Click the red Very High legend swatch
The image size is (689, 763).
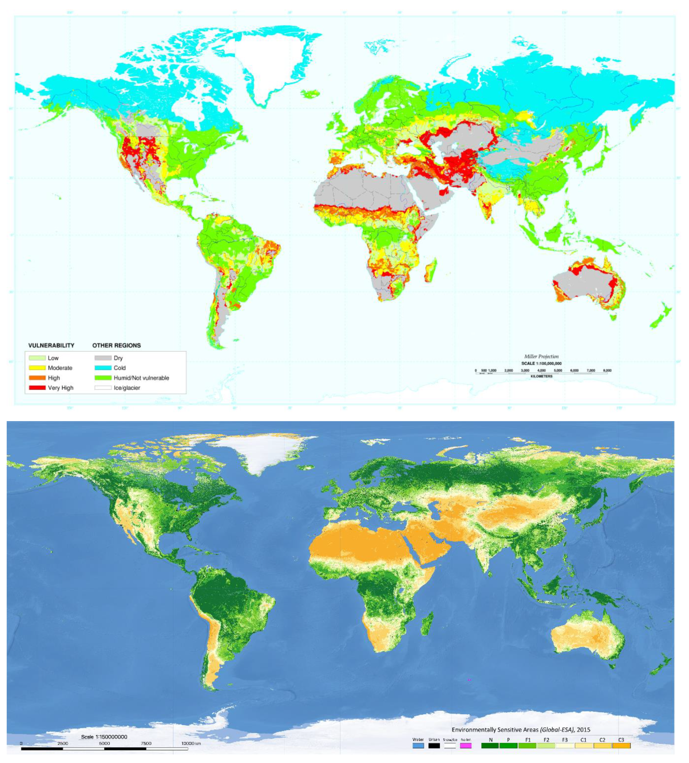[x=37, y=388]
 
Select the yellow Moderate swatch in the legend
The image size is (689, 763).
[x=37, y=367]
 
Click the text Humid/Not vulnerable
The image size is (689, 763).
[x=141, y=378]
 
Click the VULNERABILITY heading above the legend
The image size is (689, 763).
[x=51, y=345]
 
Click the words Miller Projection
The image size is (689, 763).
[x=541, y=356]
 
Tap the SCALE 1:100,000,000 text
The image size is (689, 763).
[x=541, y=363]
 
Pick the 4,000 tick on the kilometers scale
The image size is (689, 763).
[x=541, y=370]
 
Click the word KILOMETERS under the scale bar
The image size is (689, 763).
[x=541, y=376]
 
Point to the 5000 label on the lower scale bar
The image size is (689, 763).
[x=104, y=743]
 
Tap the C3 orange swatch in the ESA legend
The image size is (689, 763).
[x=621, y=746]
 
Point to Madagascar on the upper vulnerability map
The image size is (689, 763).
[x=431, y=269]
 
